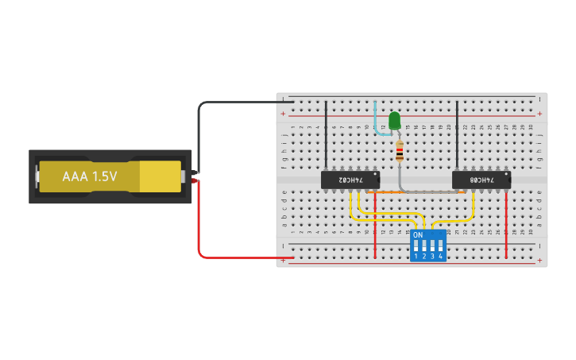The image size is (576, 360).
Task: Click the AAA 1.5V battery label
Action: (x=90, y=176)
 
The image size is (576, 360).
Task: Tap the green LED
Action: (x=395, y=121)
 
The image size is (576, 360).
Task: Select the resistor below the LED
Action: (x=399, y=150)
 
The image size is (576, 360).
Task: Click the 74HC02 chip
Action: (x=350, y=180)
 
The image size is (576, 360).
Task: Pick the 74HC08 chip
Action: (x=481, y=180)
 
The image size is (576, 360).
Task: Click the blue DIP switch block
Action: (x=427, y=246)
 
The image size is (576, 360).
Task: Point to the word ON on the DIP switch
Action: (x=418, y=235)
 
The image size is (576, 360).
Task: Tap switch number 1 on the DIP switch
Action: (x=416, y=247)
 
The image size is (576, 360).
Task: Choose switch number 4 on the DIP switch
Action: (x=439, y=247)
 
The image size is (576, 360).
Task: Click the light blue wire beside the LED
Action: (x=377, y=119)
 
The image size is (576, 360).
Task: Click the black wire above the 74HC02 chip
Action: (x=325, y=135)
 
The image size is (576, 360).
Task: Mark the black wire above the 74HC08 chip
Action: (x=457, y=135)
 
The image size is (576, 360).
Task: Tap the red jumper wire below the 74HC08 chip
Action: (x=507, y=226)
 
